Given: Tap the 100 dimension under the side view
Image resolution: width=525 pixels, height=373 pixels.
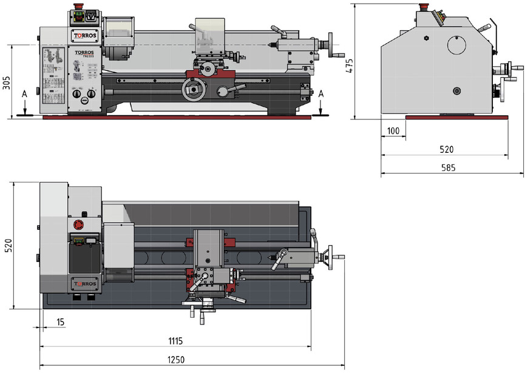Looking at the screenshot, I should [x=393, y=131].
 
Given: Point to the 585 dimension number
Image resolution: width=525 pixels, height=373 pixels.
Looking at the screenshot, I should [x=449, y=168].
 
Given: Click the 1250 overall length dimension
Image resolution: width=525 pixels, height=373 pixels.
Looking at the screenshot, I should [x=175, y=360].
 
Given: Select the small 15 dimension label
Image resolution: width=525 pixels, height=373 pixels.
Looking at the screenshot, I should [x=60, y=321].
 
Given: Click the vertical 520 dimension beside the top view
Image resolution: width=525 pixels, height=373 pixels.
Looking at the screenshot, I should [x=8, y=245].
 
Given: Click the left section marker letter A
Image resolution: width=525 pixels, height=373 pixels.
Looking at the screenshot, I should [x=24, y=95].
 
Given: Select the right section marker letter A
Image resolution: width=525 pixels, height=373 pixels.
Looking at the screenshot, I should [x=321, y=93].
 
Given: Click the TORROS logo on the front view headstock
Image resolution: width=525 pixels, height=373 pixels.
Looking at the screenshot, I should [x=81, y=36].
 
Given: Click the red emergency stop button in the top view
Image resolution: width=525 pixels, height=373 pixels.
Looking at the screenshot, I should [x=78, y=225].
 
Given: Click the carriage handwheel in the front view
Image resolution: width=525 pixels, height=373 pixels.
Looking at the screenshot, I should [x=194, y=90].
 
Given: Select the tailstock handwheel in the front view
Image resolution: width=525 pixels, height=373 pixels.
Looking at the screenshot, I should [x=331, y=44].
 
